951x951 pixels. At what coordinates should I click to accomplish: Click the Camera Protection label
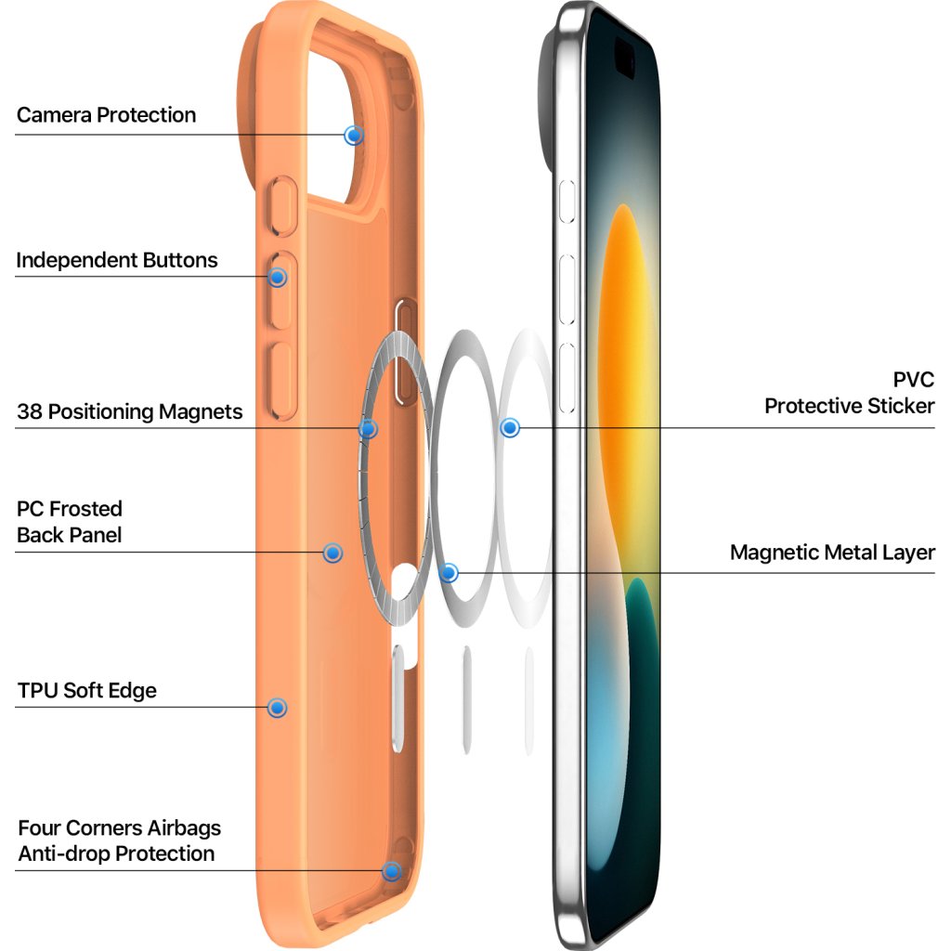106,115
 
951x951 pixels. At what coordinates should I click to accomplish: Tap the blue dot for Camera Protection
353,135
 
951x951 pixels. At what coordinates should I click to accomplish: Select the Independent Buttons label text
116,260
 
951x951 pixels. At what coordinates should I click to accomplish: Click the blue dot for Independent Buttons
277,277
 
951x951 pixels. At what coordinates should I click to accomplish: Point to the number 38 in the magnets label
29,411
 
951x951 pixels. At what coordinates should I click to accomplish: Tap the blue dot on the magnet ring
368,429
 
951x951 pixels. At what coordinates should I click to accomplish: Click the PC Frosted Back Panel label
70,522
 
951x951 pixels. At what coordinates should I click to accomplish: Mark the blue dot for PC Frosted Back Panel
332,553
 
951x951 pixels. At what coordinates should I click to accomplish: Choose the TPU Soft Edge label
87,691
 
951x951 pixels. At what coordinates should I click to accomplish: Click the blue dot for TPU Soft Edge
277,708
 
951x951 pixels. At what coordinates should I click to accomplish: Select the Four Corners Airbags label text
119,827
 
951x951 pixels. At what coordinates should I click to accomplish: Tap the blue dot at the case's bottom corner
391,871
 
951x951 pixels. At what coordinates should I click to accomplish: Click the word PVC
913,380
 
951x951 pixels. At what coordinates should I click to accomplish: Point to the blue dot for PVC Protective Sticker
509,428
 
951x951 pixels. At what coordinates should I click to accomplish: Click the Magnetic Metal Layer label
832,553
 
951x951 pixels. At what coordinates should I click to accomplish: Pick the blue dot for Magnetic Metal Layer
449,573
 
